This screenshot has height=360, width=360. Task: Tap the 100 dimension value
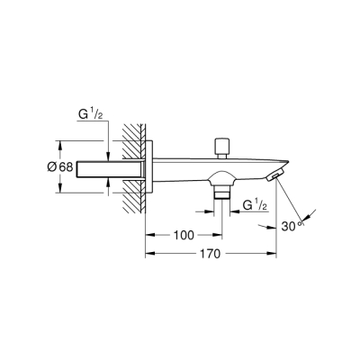(184, 236)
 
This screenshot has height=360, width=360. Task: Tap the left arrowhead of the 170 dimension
(148, 254)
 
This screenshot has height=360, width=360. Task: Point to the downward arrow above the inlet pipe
(108, 148)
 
